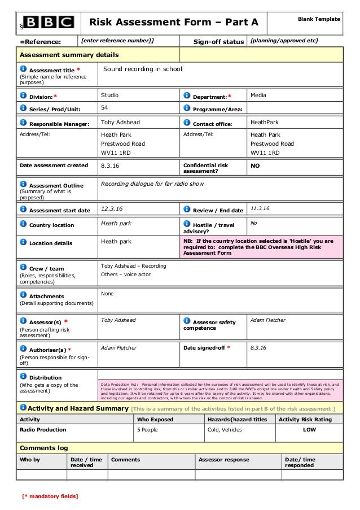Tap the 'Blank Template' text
pos(319,19)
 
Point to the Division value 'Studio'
pos(109,95)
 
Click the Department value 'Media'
pos(259,95)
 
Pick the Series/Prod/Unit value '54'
pos(104,107)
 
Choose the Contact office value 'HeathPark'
pos(265,122)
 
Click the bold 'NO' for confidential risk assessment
pos(256,165)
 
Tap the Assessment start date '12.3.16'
pos(111,209)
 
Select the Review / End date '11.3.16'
pos(260,209)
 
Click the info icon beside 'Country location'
pos(23,225)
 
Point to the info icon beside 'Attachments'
pos(23,295)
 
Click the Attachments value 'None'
pos(107,294)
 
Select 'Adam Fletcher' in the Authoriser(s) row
pos(118,348)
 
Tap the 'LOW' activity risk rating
pos(309,430)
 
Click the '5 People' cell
pos(148,430)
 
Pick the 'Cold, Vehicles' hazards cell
pos(225,430)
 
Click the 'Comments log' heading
pos(44,447)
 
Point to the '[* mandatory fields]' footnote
pos(50,496)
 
